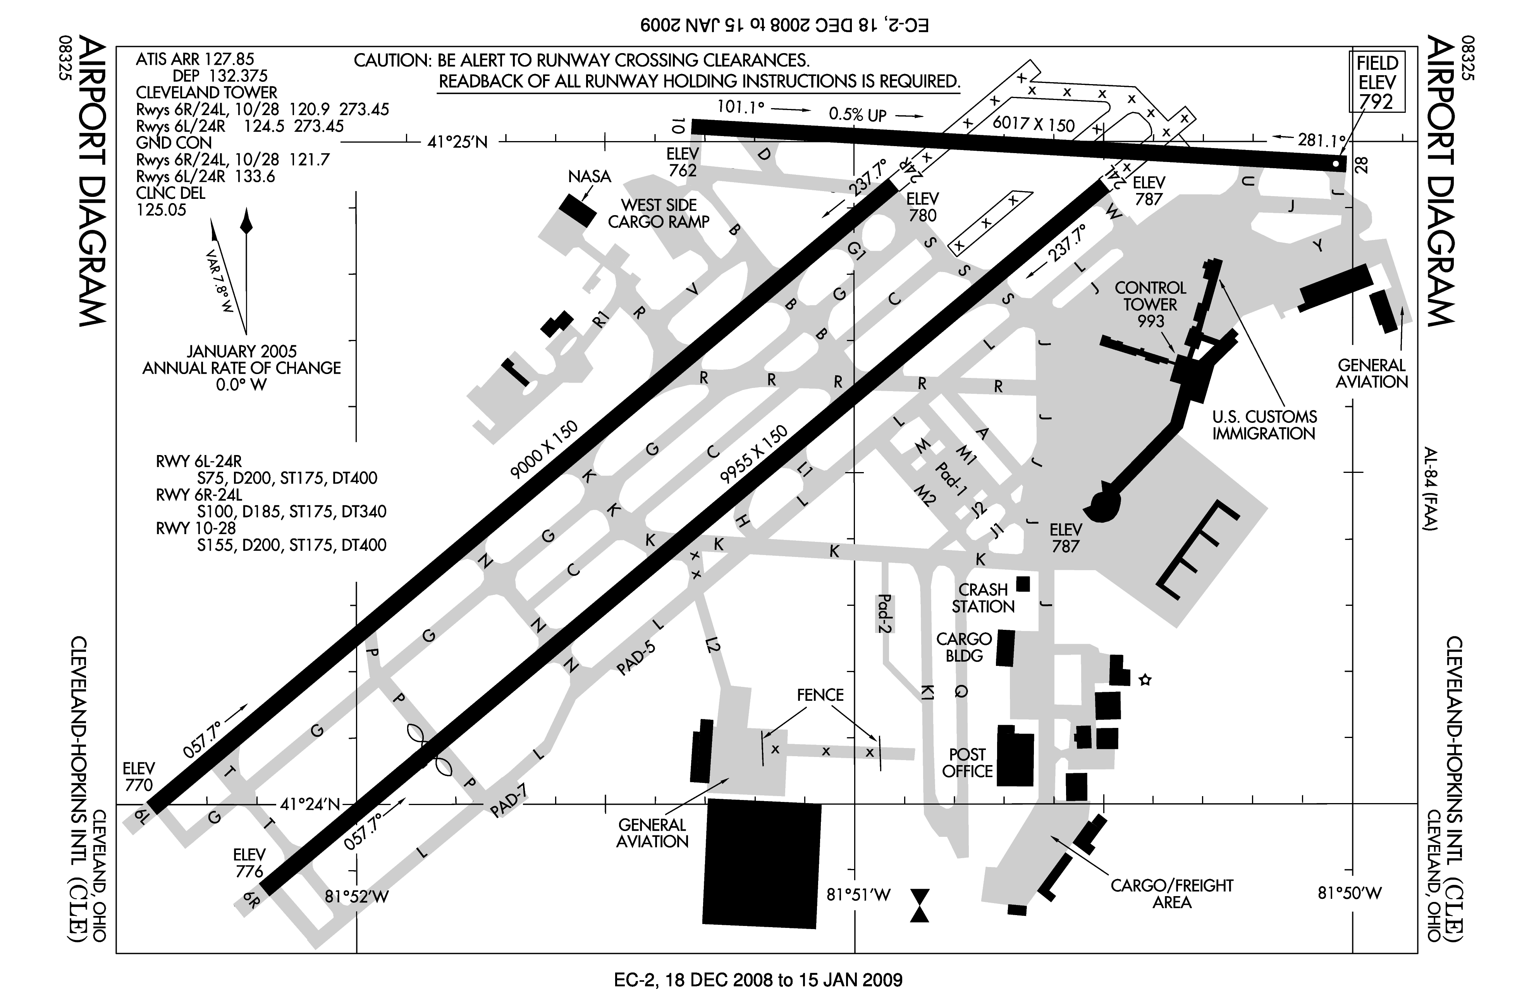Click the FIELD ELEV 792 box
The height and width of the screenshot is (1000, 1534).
[1378, 83]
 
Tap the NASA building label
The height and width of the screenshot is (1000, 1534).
[589, 176]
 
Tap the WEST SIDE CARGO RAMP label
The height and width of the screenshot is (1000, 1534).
[659, 214]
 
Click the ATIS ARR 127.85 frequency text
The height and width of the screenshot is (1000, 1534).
[195, 59]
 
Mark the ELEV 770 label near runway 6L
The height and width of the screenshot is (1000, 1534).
[139, 776]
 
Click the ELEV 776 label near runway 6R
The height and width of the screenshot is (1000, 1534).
[249, 863]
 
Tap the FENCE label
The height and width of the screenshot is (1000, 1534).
[820, 695]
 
